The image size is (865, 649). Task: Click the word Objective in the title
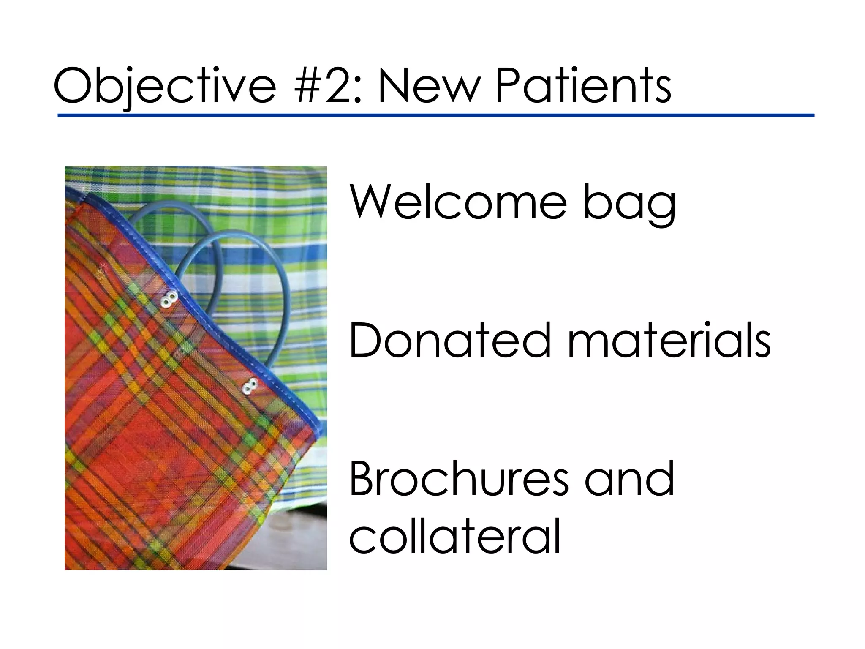165,87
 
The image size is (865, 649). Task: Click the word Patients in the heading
583,87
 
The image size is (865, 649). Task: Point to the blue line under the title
435,115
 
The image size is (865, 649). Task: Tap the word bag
629,205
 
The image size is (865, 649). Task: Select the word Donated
450,340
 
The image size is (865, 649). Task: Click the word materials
669,340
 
